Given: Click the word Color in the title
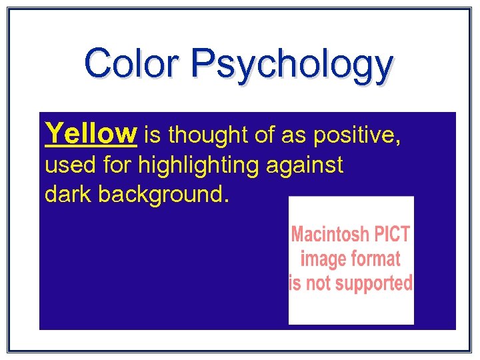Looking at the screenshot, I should coord(131,63).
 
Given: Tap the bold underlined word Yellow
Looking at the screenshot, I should coord(91,133).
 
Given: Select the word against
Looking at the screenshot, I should coord(305,165).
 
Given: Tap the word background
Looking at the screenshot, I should coord(165,195).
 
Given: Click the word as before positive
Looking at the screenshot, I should coord(293,136).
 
